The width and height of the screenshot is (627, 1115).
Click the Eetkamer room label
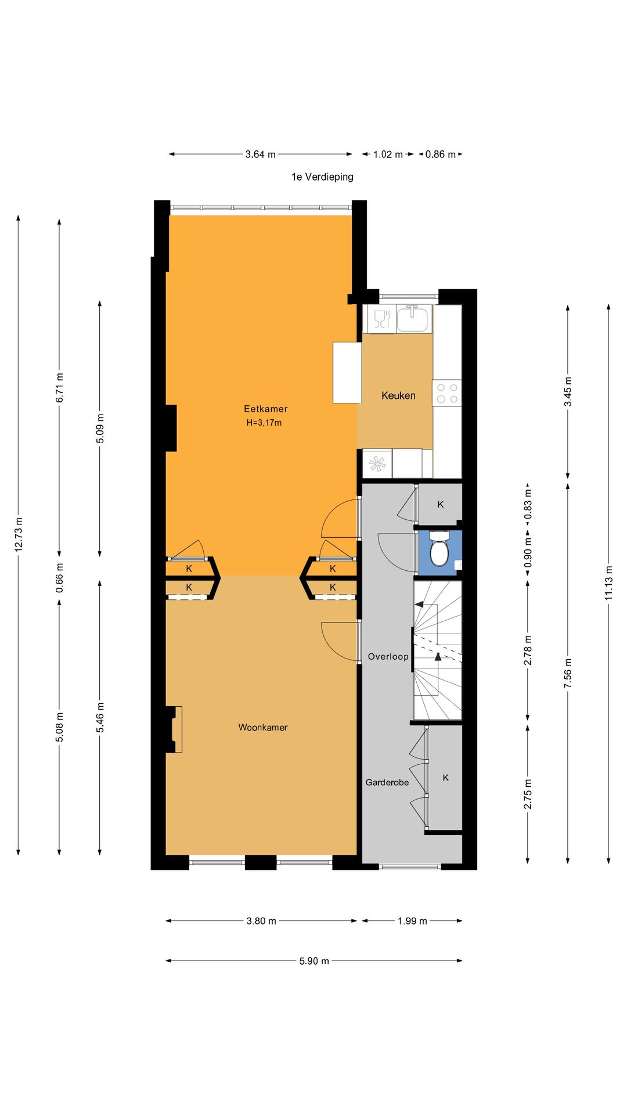(x=266, y=409)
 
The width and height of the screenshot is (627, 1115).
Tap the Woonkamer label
(x=263, y=727)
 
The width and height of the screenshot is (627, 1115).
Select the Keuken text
(x=398, y=395)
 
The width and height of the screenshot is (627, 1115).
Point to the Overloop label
(x=388, y=657)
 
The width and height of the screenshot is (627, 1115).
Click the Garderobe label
(x=387, y=782)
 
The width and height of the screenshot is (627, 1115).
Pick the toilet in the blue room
(x=439, y=549)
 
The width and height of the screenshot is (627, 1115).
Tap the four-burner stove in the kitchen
(x=446, y=393)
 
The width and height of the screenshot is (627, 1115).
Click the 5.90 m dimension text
(x=314, y=961)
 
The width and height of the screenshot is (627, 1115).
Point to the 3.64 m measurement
(x=261, y=154)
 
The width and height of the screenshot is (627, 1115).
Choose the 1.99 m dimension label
(x=412, y=921)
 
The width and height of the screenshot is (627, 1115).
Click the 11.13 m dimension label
(x=608, y=582)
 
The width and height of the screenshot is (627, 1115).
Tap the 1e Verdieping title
(x=322, y=177)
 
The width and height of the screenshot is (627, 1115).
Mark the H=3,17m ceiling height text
(x=264, y=423)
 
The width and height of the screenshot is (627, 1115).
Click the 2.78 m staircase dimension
(x=528, y=650)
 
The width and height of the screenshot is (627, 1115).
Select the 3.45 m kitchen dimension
(x=568, y=391)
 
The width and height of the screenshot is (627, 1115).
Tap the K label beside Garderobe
(x=446, y=778)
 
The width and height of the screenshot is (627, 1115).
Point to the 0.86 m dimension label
(x=441, y=154)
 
